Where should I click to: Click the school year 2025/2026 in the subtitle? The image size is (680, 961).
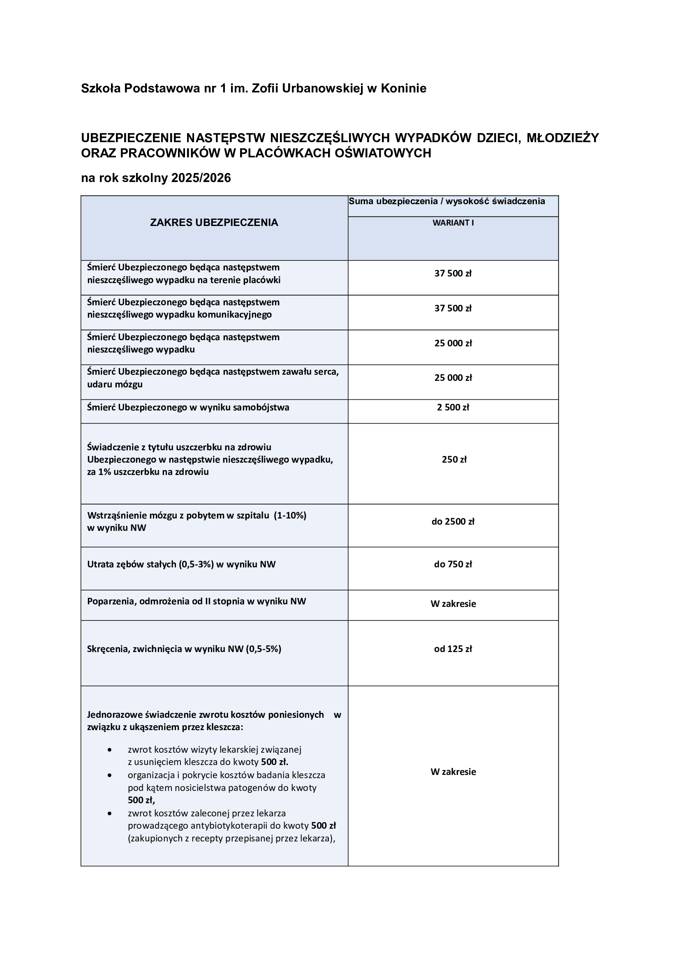tap(201, 178)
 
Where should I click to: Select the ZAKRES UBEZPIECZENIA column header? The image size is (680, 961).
tap(214, 223)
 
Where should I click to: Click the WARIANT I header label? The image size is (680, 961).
tap(453, 223)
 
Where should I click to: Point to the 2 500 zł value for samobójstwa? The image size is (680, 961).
tap(453, 408)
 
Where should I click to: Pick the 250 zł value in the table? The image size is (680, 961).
tap(454, 460)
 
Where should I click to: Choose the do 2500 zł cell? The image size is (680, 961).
tap(453, 521)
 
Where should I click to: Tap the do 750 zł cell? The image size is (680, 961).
tap(453, 565)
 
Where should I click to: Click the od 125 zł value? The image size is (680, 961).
tap(453, 649)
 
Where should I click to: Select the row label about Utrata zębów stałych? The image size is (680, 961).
tap(181, 565)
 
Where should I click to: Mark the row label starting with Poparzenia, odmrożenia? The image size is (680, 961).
tap(197, 601)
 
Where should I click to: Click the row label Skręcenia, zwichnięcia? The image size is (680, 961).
tap(184, 649)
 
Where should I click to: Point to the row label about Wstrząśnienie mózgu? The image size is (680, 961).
tap(197, 521)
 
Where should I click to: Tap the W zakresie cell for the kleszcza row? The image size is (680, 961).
tap(453, 772)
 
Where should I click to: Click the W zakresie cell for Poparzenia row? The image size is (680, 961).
tap(453, 604)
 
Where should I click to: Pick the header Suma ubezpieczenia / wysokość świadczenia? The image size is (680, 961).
tap(447, 201)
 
